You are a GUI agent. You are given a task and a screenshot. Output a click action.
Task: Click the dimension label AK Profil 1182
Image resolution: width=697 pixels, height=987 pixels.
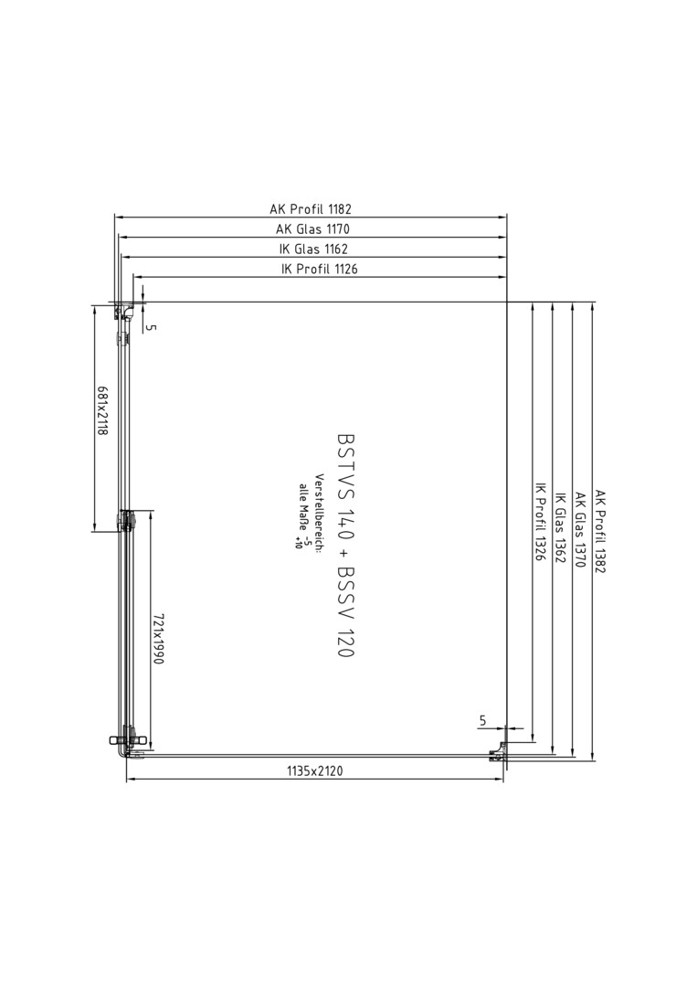(311, 208)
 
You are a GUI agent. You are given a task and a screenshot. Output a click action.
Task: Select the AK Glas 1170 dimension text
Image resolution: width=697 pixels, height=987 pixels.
(312, 228)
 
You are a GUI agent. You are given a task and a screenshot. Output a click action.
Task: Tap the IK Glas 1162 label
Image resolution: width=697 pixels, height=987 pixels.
(313, 249)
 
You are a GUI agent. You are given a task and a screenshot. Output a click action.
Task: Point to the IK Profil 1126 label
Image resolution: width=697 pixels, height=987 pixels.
(320, 269)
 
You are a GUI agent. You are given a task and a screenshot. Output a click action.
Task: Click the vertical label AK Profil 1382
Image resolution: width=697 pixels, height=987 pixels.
(600, 532)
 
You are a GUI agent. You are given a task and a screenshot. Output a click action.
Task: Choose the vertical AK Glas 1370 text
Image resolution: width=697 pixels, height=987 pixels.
(580, 530)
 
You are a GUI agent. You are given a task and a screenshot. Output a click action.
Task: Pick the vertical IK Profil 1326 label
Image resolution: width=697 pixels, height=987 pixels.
(540, 522)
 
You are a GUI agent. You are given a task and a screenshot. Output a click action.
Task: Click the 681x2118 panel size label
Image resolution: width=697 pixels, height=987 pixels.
(102, 410)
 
